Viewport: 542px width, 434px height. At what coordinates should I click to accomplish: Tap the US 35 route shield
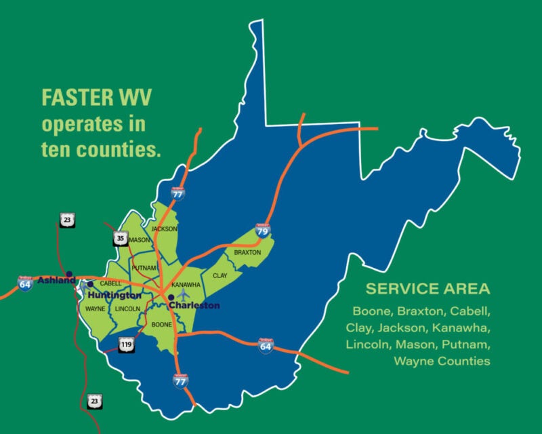pos(119,238)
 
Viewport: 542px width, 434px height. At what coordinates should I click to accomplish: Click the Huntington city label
pos(114,296)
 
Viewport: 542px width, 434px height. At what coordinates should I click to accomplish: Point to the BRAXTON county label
pos(247,252)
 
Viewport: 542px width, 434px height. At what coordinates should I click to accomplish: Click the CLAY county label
pos(220,276)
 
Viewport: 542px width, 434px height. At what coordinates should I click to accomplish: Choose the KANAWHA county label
pos(186,284)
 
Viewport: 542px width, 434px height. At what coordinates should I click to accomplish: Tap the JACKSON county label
pos(164,229)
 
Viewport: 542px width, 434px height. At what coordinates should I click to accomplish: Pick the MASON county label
pos(140,240)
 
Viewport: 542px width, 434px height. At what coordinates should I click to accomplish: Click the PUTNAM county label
pos(144,268)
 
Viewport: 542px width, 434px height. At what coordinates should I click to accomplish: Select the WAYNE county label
pos(95,309)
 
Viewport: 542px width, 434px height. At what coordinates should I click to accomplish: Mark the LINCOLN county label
pos(127,309)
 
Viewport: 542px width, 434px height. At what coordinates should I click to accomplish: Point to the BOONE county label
pos(161,325)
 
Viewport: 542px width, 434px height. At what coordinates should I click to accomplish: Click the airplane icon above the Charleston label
pos(182,294)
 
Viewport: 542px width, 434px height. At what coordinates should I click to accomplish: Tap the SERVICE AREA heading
pos(427,289)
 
